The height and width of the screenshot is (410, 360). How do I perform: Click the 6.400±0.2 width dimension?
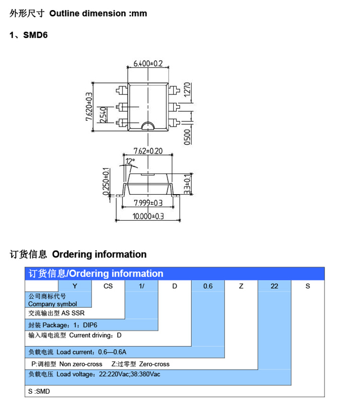click(148, 63)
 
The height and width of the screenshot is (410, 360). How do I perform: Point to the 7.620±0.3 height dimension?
click(89, 106)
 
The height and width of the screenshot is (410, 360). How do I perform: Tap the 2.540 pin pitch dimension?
click(103, 115)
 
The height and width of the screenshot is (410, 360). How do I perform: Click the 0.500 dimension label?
click(187, 137)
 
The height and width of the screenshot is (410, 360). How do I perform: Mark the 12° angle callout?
click(130, 161)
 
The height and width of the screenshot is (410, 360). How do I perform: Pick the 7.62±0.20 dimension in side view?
click(148, 151)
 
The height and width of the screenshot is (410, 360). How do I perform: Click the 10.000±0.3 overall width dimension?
click(148, 216)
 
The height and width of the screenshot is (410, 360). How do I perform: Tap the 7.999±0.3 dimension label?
click(148, 203)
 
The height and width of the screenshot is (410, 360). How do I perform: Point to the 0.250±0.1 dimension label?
click(106, 181)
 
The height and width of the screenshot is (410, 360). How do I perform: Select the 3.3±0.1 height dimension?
click(187, 184)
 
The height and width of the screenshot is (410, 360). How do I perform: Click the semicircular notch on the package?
click(148, 126)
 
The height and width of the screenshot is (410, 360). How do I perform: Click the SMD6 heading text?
click(36, 35)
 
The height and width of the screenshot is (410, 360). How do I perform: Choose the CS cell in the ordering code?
click(108, 286)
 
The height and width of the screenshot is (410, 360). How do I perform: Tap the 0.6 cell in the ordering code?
click(208, 286)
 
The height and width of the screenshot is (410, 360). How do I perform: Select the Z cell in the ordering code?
click(241, 286)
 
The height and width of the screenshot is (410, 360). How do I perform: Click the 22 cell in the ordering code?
click(275, 286)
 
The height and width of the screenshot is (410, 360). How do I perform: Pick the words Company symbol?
click(53, 304)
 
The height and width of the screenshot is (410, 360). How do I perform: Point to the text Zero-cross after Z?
click(154, 364)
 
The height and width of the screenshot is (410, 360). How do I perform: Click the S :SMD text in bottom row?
click(39, 391)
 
